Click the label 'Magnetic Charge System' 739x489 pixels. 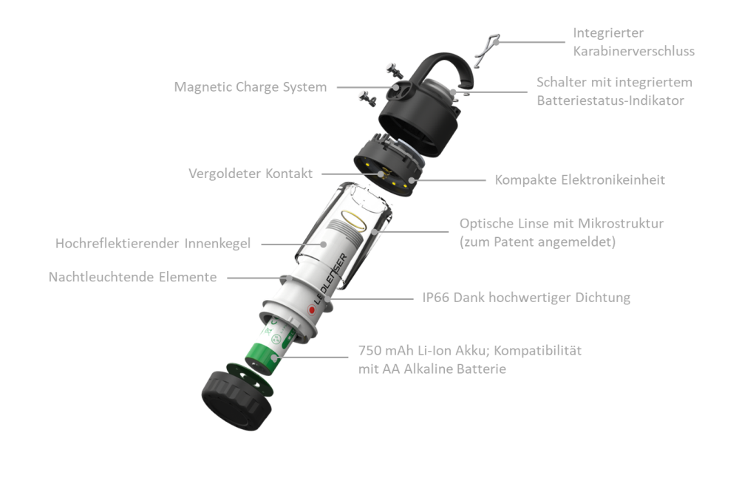(x=251, y=87)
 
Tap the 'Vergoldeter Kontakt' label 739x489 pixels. (x=251, y=174)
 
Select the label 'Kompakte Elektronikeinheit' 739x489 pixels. (x=579, y=179)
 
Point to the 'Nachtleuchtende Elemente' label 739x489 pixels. (x=132, y=276)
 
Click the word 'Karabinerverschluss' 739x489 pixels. (x=633, y=51)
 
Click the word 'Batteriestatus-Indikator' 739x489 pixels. (x=610, y=100)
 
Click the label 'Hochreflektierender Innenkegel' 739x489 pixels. (x=153, y=244)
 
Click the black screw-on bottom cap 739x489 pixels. (x=236, y=400)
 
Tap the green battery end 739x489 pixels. (x=262, y=360)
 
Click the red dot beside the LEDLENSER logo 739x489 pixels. (x=312, y=310)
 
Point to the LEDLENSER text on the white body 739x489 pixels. (x=331, y=279)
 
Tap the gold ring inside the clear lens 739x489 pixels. (x=353, y=220)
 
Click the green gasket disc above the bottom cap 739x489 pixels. (x=250, y=380)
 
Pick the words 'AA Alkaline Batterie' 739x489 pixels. (x=444, y=369)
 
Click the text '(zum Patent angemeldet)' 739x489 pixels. (x=538, y=242)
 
